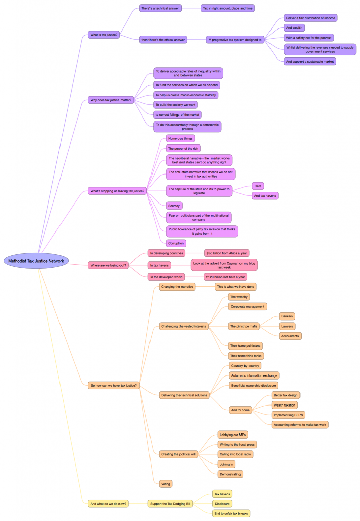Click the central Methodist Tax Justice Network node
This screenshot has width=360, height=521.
36,261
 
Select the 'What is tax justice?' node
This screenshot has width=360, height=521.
104,35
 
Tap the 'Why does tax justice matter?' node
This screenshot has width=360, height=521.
111,100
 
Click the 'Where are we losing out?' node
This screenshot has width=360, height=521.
108,265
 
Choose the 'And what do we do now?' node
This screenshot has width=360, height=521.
108,504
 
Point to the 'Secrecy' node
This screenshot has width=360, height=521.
174,206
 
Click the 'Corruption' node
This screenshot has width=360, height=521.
176,243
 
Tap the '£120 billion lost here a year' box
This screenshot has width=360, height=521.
225,277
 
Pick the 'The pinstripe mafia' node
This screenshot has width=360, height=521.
245,326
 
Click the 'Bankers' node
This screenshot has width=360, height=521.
288,316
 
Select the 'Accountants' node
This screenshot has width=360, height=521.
290,336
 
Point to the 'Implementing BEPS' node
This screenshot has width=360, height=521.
288,415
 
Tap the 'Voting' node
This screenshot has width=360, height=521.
165,483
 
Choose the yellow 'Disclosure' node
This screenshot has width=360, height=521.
222,504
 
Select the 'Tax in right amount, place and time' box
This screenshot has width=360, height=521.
227,8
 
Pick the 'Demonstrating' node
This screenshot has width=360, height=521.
230,474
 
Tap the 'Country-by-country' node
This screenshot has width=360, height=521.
246,366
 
